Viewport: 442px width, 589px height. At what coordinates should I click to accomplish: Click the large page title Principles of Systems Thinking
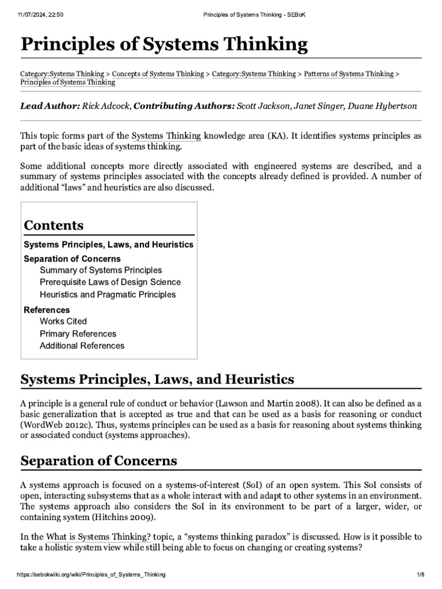coord(164,44)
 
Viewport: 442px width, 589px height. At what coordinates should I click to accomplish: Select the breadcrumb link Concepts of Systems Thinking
coord(158,74)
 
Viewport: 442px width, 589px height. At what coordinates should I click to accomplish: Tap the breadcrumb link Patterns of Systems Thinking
coord(349,74)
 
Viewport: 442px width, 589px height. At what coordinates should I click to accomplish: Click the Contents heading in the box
coord(54,225)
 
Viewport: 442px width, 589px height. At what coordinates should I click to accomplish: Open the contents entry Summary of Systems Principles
coord(101,270)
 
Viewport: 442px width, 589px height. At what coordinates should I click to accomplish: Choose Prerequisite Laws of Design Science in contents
coord(110,282)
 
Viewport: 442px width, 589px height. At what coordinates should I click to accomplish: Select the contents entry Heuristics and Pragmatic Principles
coord(108,294)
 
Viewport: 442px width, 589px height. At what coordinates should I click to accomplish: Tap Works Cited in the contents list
coord(63,321)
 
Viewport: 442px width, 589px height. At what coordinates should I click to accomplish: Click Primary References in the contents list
coord(78,334)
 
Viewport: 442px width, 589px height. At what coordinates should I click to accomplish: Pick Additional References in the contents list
coord(82,346)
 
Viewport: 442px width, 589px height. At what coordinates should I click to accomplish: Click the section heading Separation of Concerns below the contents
coord(98,461)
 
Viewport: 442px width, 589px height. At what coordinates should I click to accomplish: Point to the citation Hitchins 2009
coord(136,517)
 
